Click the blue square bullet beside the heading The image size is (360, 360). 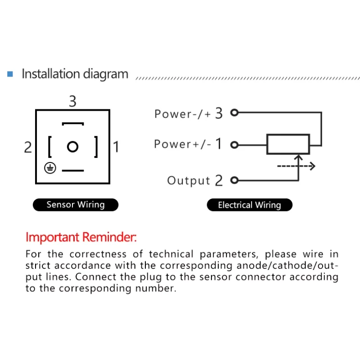[x=10, y=74]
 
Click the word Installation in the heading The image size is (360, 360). [x=51, y=74]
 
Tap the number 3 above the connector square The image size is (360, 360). [x=72, y=101]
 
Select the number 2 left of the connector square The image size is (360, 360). [x=28, y=147]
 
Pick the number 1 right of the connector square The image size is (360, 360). [x=116, y=147]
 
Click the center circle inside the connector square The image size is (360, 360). [x=72, y=147]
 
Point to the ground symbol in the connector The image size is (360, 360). [x=50, y=168]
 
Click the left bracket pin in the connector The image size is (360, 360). [x=49, y=147]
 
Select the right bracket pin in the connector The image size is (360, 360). [x=96, y=147]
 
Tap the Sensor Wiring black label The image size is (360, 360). [x=76, y=205]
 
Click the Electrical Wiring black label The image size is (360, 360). [x=250, y=205]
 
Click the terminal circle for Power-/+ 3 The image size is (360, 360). [x=234, y=112]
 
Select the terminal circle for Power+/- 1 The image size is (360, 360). [x=234, y=145]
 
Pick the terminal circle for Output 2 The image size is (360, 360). [x=234, y=180]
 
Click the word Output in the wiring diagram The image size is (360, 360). [x=189, y=181]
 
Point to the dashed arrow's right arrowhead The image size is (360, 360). [x=312, y=166]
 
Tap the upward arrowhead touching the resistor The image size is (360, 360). [x=298, y=157]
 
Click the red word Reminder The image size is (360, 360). [x=109, y=237]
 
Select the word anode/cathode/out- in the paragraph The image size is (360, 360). [x=288, y=265]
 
